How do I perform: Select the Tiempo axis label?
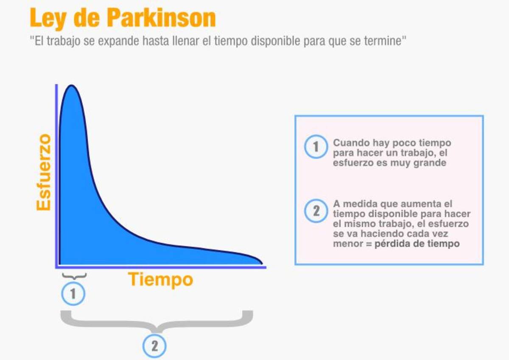pyautogui.click(x=160, y=280)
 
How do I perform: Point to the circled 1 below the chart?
pyautogui.click(x=73, y=294)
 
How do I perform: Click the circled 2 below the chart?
pyautogui.click(x=154, y=346)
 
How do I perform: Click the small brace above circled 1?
pyautogui.click(x=74, y=276)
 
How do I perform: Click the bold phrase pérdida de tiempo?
pyautogui.click(x=417, y=244)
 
